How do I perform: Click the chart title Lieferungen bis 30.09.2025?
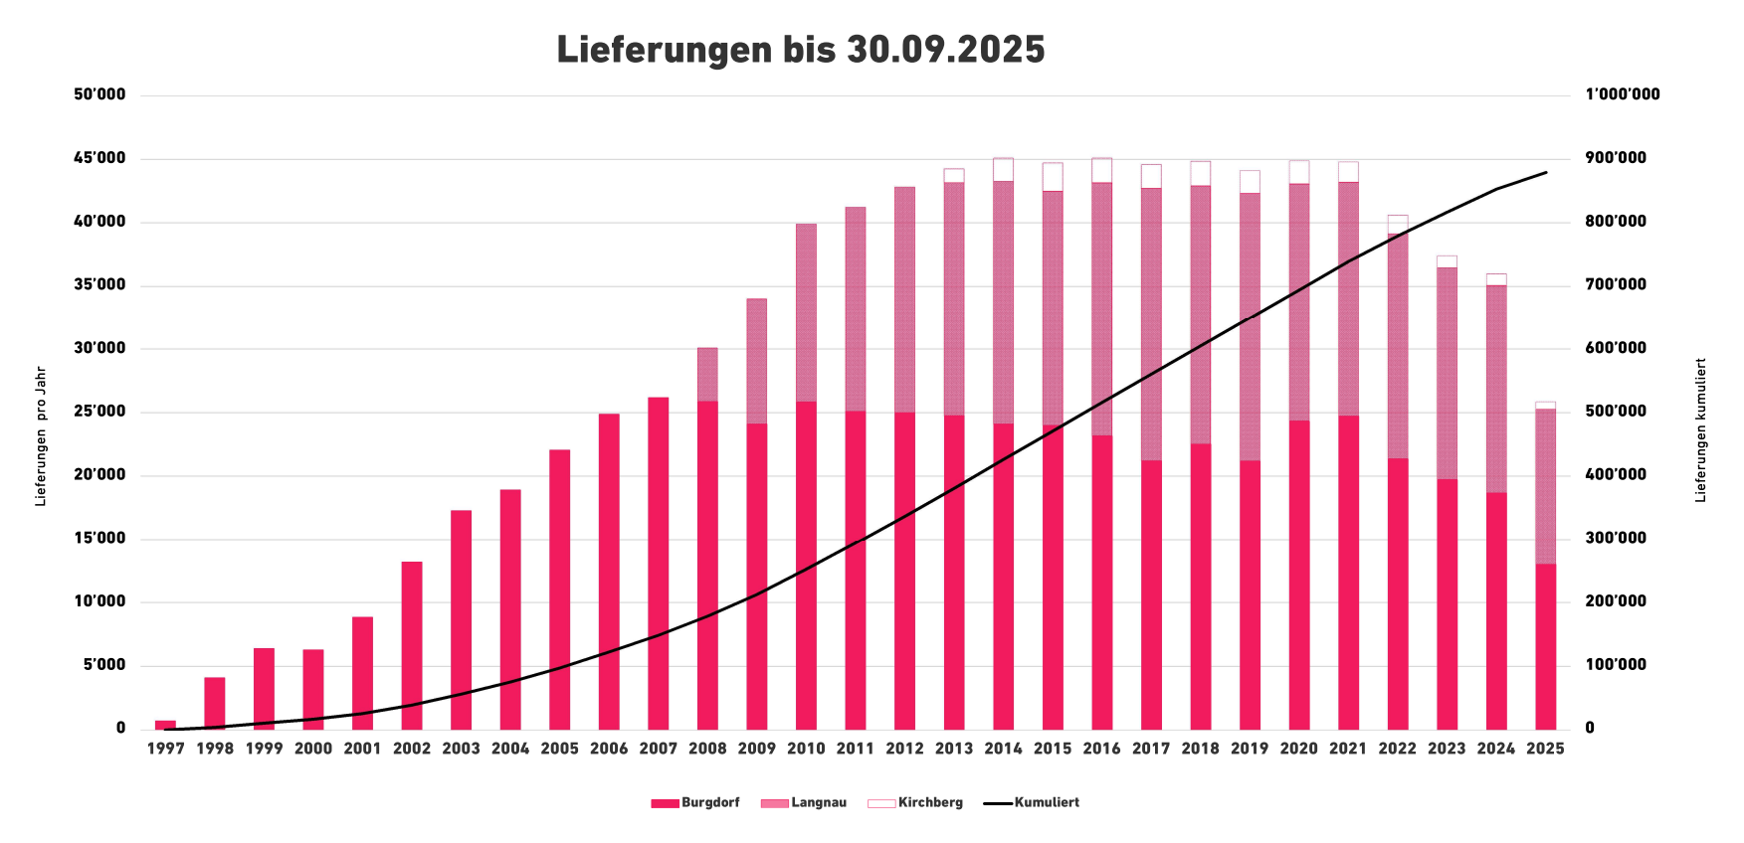(800, 50)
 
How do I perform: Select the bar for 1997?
(166, 725)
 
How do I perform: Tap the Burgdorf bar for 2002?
(412, 645)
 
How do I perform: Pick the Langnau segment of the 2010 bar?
(806, 312)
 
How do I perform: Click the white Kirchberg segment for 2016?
(1101, 170)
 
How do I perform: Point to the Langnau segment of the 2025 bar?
(1545, 486)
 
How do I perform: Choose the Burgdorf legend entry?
(695, 803)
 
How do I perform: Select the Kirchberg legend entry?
(915, 803)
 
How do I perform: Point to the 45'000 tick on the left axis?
(99, 158)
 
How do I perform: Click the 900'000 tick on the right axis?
(1616, 158)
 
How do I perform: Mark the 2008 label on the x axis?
(707, 749)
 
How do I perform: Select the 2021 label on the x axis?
(1348, 749)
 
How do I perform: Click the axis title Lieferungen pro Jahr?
(41, 436)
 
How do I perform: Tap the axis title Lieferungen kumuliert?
(1700, 429)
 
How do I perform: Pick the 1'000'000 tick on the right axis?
(1623, 94)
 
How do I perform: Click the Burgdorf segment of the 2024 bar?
(1496, 610)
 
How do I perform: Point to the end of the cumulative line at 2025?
(1546, 172)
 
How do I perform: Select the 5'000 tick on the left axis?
(103, 665)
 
